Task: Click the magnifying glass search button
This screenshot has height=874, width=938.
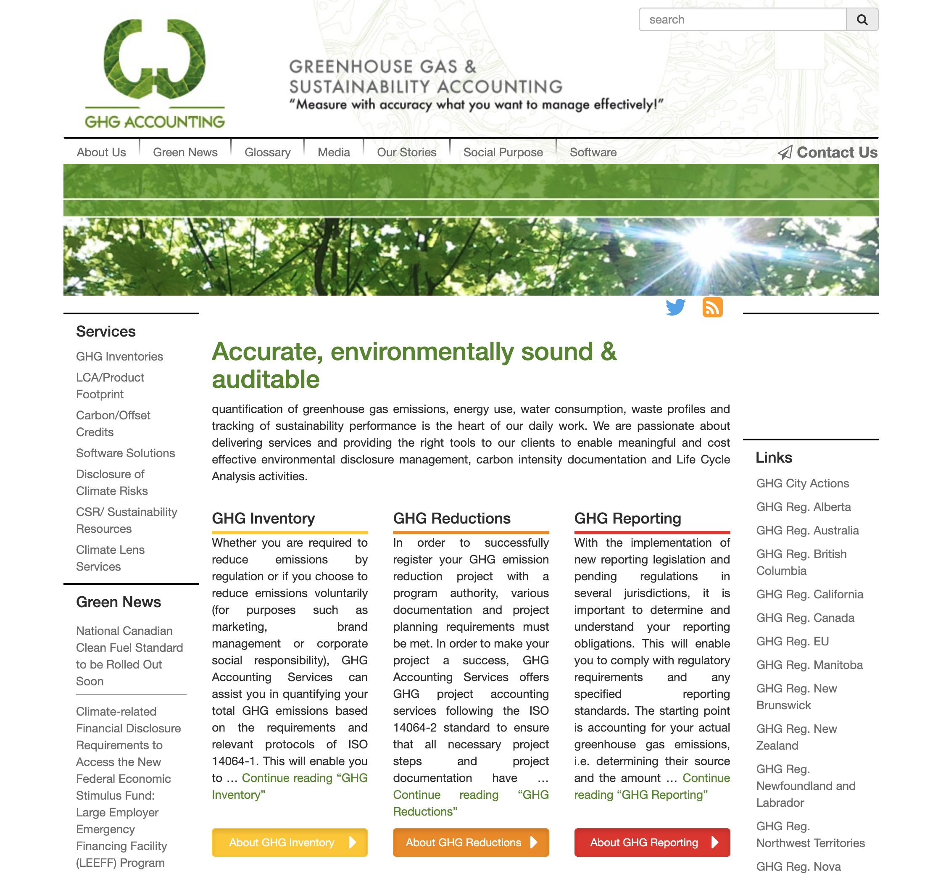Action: [862, 20]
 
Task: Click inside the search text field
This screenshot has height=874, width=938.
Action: [742, 20]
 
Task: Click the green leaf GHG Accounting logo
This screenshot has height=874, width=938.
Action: [154, 73]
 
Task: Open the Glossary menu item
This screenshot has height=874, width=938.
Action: [267, 153]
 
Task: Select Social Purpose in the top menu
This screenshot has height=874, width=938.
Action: [503, 153]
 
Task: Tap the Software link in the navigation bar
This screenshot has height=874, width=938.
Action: [593, 153]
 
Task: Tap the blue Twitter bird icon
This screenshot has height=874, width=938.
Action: [675, 307]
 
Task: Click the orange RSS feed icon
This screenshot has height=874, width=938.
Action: [712, 307]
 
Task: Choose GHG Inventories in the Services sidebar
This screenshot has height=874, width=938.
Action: [119, 357]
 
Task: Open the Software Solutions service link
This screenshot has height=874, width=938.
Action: [126, 453]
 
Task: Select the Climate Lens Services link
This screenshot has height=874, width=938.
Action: [110, 558]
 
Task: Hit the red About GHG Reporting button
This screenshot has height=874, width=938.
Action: [651, 842]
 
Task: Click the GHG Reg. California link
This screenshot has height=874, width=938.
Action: [809, 594]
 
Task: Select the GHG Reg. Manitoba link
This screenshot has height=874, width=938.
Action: [809, 665]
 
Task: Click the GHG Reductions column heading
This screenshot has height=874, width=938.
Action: [451, 519]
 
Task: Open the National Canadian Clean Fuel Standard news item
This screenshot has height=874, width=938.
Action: [129, 655]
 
